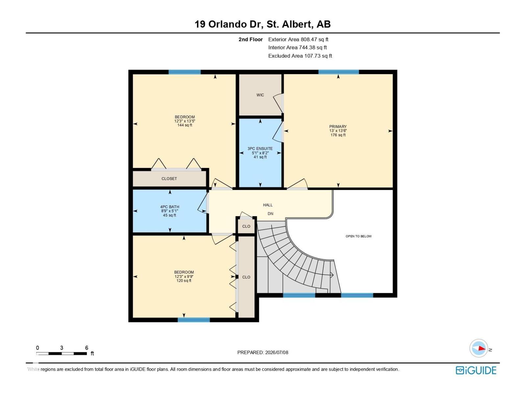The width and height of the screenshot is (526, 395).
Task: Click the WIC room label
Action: [x=260, y=95]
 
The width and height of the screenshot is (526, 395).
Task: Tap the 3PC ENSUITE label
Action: [x=260, y=148]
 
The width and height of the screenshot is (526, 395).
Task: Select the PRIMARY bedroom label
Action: [x=338, y=126]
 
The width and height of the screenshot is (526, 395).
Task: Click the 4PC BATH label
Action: [x=170, y=207]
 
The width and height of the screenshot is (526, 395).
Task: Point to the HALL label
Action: [x=268, y=205]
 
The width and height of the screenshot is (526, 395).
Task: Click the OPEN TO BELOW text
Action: [x=358, y=236]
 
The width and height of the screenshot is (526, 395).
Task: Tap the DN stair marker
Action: [x=270, y=214]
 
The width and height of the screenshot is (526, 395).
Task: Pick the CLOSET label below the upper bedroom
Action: [x=169, y=179]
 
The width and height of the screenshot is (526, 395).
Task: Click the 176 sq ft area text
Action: [x=338, y=135]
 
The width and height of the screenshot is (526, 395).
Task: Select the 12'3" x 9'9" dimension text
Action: [x=184, y=276]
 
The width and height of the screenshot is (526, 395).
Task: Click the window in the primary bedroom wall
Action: [x=338, y=72]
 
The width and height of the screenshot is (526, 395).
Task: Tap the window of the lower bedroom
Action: [x=194, y=320]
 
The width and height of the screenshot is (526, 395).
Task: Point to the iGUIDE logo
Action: [x=476, y=370]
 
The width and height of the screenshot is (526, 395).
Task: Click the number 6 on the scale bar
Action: [x=86, y=348]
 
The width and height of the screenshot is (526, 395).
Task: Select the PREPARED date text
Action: [x=263, y=352]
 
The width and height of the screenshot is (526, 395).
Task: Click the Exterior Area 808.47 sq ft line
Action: [x=298, y=39]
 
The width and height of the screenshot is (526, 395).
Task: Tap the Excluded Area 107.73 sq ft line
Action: [x=300, y=56]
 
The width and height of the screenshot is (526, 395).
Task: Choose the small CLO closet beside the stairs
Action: [x=246, y=226]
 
